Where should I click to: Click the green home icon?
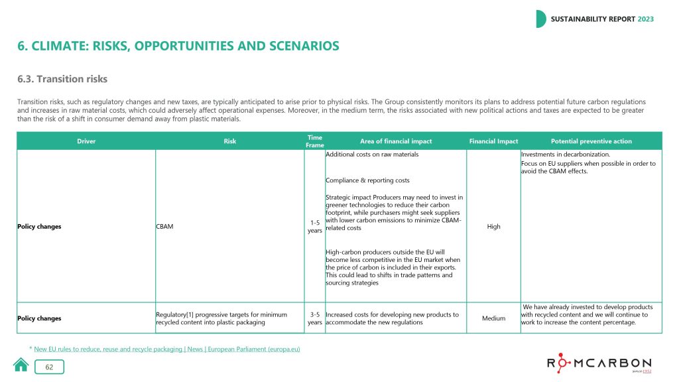click(21, 365)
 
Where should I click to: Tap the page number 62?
click(49, 367)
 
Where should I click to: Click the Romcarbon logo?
click(599, 363)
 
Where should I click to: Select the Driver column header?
click(86, 141)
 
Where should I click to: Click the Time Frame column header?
click(315, 141)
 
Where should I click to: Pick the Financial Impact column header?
click(493, 141)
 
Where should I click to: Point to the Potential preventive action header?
click(591, 141)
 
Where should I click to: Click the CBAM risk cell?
click(165, 227)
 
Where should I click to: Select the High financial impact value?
click(493, 227)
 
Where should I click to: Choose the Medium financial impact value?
click(493, 318)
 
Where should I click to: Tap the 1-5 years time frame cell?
click(315, 227)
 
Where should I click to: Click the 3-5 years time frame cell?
click(315, 318)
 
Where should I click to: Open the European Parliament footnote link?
click(166, 349)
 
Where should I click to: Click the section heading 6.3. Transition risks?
click(62, 80)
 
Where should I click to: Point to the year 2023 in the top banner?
click(645, 19)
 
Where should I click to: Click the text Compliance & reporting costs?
click(367, 180)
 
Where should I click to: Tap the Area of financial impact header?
click(396, 141)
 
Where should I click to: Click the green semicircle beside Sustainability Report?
click(540, 19)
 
